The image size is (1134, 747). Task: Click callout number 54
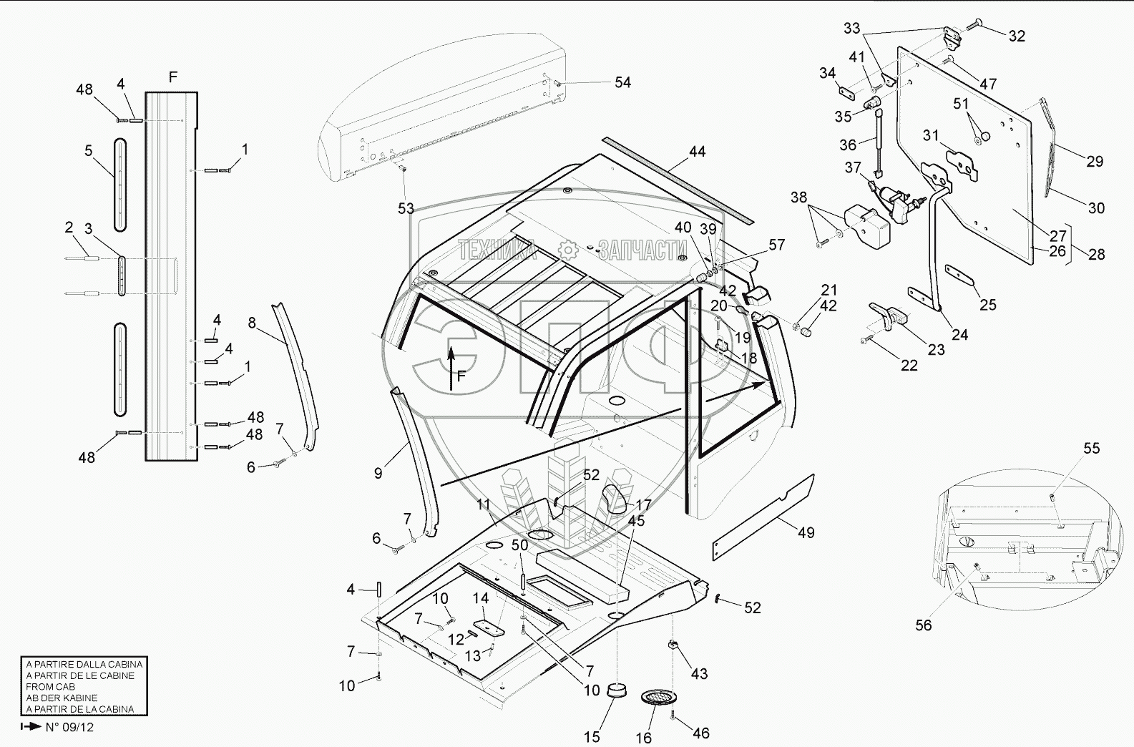(622, 82)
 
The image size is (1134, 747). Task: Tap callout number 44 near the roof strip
(697, 151)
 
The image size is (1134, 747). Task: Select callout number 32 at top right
(1016, 36)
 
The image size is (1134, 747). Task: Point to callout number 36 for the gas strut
(848, 145)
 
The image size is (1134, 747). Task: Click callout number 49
(806, 532)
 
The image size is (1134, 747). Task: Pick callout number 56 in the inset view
(924, 625)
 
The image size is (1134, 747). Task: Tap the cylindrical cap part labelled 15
(615, 691)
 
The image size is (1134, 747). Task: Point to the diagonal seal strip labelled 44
(676, 179)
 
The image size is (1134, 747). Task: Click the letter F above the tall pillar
(172, 77)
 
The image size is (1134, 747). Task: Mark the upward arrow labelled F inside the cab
(451, 365)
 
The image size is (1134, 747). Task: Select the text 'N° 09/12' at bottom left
(69, 727)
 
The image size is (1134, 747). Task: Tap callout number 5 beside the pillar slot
(89, 150)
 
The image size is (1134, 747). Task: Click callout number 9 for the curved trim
(378, 472)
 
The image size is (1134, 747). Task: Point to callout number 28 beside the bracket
(1096, 254)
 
